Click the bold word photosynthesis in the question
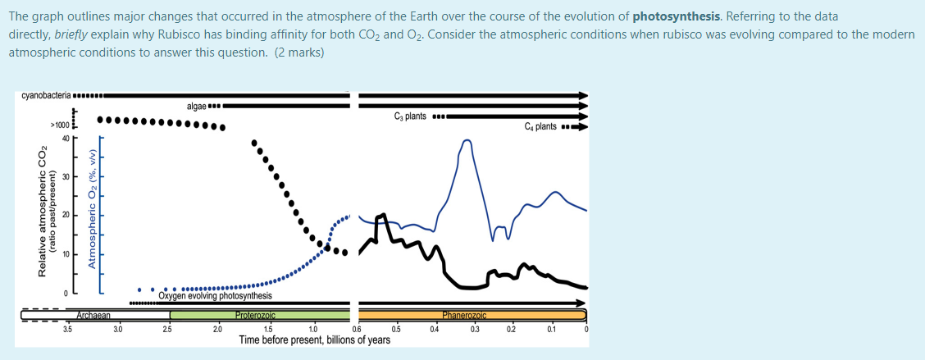tap(678, 16)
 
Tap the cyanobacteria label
tap(47, 96)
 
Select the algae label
tap(196, 106)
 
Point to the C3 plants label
tap(410, 116)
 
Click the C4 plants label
tap(540, 126)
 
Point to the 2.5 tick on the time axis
tap(167, 330)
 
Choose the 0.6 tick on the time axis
tap(356, 330)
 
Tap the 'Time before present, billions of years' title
tap(314, 339)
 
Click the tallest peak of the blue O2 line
tap(467, 140)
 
